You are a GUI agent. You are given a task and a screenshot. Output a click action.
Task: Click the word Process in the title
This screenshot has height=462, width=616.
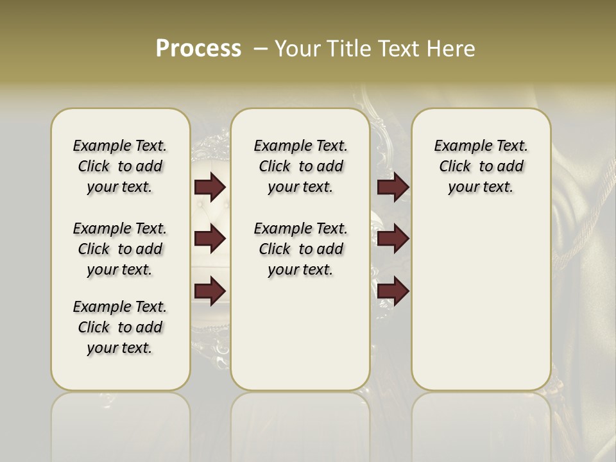pos(198,49)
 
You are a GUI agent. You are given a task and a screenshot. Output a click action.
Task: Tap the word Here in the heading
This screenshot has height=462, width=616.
pos(449,49)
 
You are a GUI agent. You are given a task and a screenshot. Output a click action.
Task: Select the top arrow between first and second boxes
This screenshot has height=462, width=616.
pos(210,187)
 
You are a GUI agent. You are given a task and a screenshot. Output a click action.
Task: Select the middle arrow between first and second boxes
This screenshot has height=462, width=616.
pos(210,239)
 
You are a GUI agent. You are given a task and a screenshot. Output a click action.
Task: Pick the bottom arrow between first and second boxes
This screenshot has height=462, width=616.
pos(210,291)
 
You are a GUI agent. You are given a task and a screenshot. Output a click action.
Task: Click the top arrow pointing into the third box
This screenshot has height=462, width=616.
pos(393,187)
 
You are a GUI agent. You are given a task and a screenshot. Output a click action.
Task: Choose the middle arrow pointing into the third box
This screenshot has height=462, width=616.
pos(393,239)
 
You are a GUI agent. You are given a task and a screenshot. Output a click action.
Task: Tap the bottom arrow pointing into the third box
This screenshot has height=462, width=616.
pos(393,291)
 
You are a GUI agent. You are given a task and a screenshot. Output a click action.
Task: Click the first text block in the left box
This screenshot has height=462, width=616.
pos(120,166)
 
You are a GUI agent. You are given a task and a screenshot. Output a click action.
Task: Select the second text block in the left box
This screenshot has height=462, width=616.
pos(120,249)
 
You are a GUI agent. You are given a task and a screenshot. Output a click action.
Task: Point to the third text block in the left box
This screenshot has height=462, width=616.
pos(120,327)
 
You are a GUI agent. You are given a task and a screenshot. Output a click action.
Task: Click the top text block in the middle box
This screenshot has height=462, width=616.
pos(300,166)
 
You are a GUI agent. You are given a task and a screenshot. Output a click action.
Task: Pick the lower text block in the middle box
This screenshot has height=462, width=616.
pos(300,249)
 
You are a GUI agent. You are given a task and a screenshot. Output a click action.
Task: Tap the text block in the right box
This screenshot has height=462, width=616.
pos(481,166)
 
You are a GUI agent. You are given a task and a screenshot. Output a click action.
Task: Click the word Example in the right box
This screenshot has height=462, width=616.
pos(458,146)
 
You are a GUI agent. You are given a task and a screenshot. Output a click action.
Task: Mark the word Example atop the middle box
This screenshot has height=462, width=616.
pos(277,146)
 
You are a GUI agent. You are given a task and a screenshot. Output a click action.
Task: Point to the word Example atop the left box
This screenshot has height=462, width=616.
pos(96,146)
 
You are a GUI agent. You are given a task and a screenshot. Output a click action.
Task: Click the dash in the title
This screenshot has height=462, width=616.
pos(261,49)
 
